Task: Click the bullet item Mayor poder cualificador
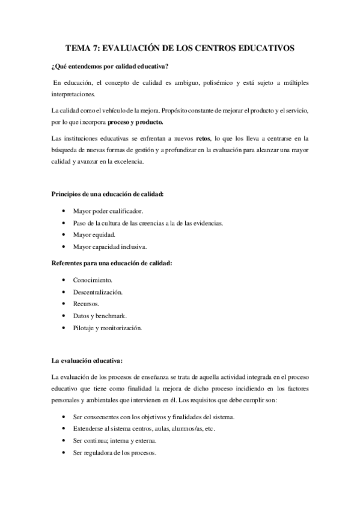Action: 109,212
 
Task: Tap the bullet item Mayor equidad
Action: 94,235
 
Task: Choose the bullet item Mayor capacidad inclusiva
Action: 110,247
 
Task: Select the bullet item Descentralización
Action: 97,292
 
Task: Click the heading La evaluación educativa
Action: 88,361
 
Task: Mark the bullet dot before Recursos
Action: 64,304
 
